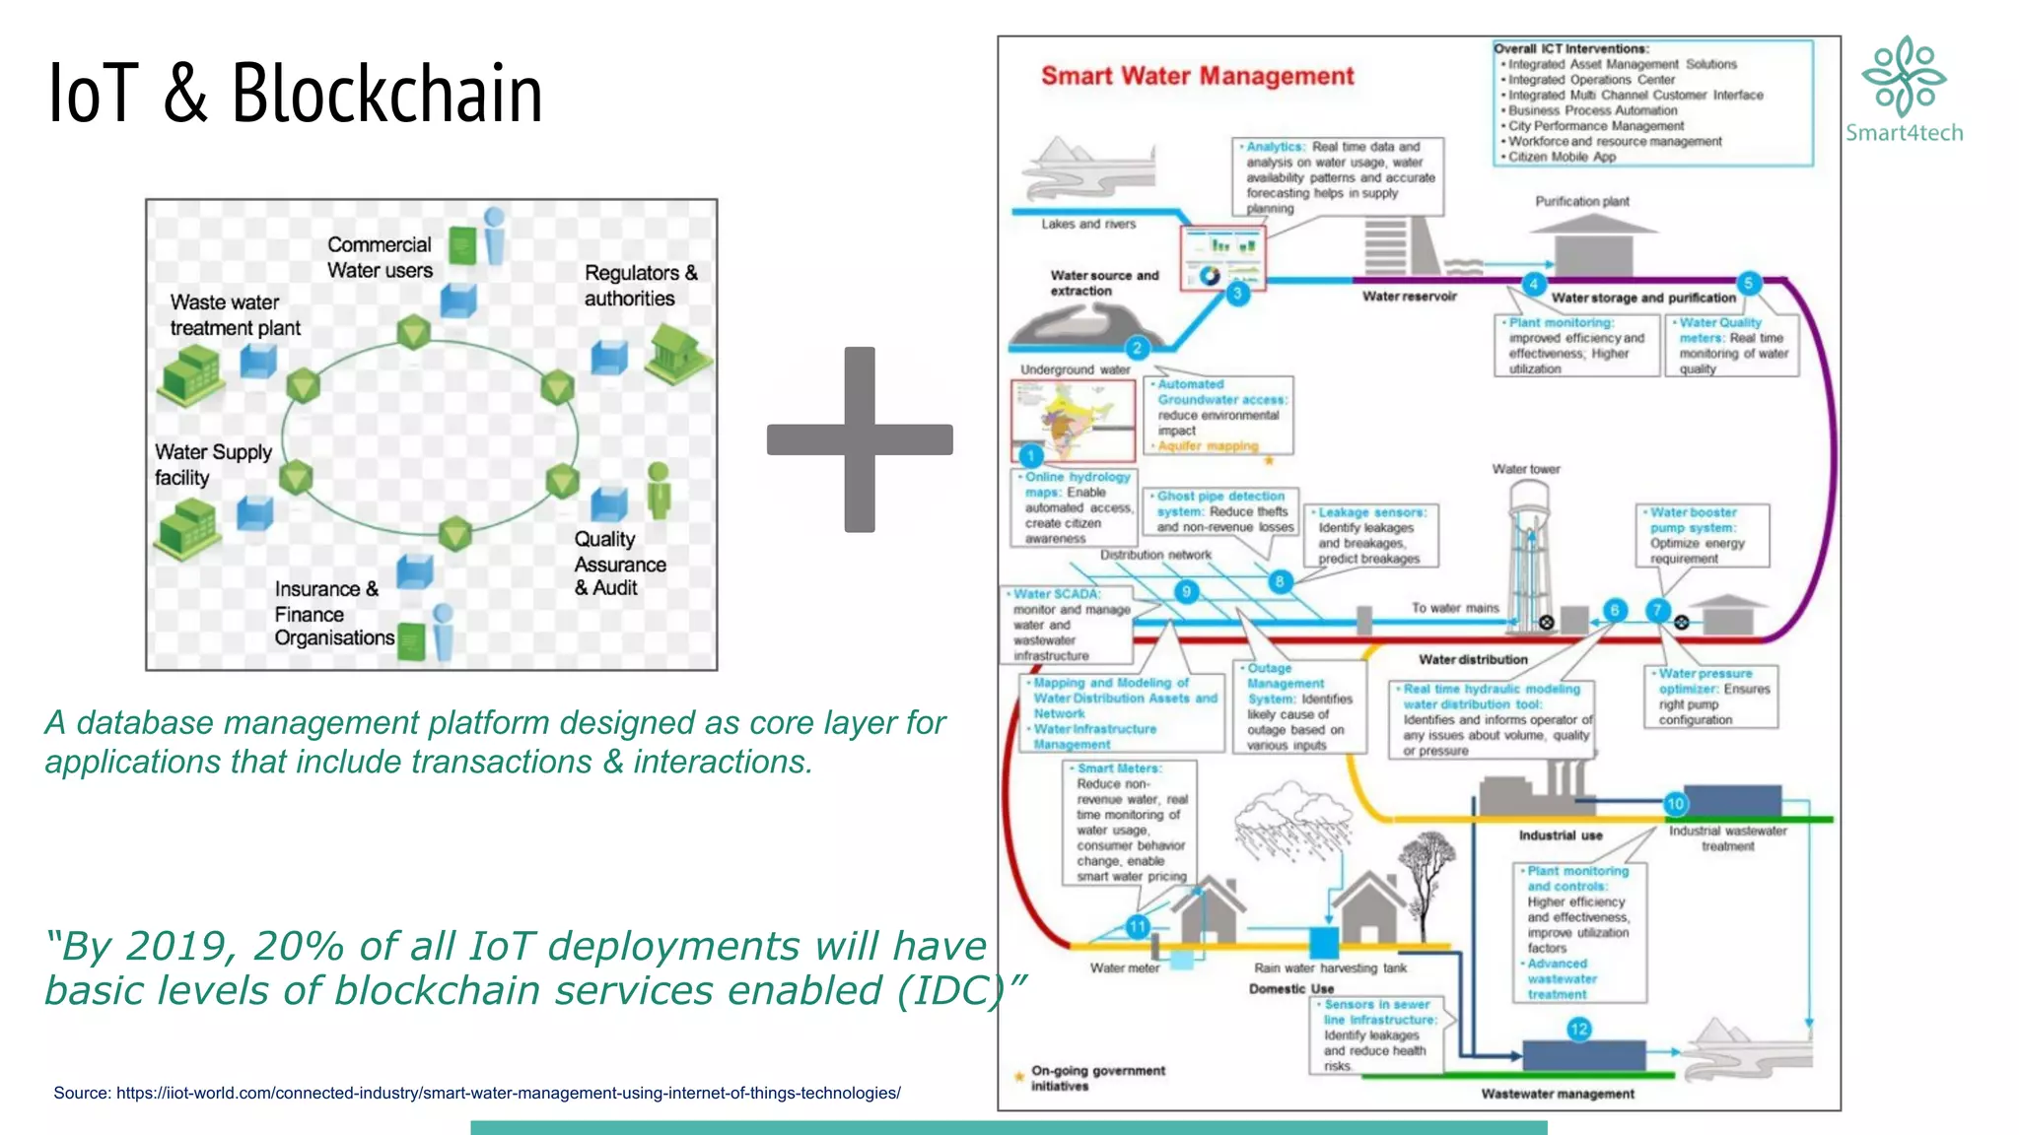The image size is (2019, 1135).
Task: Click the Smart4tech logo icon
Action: coord(1904,77)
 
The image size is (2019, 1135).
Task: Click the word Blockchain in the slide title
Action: coord(386,94)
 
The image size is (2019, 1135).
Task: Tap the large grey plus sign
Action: coord(860,439)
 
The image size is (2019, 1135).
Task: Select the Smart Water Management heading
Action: coord(1197,76)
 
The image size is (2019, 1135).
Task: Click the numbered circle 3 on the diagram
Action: coord(1237,293)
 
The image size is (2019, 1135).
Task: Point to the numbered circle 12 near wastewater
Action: coord(1578,1030)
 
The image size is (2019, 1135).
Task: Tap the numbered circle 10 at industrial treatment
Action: coord(1675,804)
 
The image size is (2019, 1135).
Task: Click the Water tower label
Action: coord(1525,469)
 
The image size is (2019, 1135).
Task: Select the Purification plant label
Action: coord(1581,201)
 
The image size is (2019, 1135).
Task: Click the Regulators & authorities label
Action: coord(640,286)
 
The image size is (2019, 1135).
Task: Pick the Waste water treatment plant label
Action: coord(235,315)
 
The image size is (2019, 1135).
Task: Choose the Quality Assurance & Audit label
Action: coord(619,564)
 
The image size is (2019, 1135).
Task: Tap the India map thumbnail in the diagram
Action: coord(1072,418)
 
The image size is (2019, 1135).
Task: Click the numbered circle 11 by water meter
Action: coord(1137,926)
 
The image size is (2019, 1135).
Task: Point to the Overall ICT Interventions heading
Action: coord(1570,48)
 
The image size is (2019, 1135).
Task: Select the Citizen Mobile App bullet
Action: coord(1562,157)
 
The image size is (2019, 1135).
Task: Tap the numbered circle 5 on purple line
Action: coord(1748,284)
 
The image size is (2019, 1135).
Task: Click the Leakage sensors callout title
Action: coord(1371,512)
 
